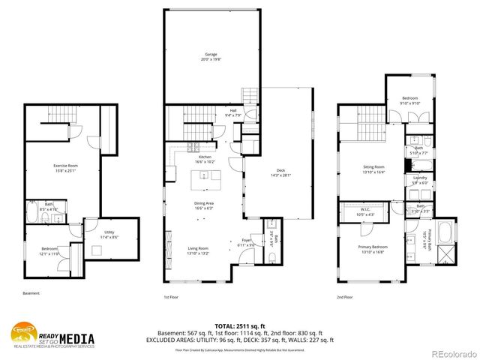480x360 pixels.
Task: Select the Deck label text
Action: click(280, 172)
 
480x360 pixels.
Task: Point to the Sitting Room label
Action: click(373, 168)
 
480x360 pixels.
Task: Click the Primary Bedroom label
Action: click(373, 248)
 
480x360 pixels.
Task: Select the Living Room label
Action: click(198, 250)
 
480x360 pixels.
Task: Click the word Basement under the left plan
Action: click(31, 293)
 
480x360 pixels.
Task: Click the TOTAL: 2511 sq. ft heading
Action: click(240, 325)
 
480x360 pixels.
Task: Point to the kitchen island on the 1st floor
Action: click(206, 176)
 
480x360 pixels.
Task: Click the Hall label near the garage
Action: click(233, 112)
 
